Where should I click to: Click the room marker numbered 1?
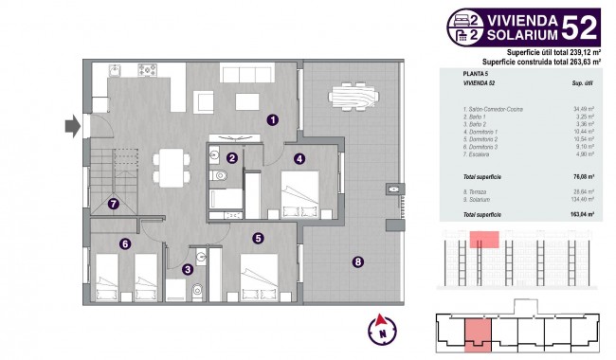[x=272, y=120]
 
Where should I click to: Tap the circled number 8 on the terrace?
[x=357, y=262]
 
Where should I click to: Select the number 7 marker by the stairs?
[x=113, y=203]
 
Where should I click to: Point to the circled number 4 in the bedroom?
[x=299, y=159]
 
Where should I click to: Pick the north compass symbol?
[x=380, y=329]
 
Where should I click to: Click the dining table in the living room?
[x=172, y=168]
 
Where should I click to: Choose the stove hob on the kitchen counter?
[x=148, y=70]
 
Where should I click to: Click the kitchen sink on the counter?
[x=117, y=70]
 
